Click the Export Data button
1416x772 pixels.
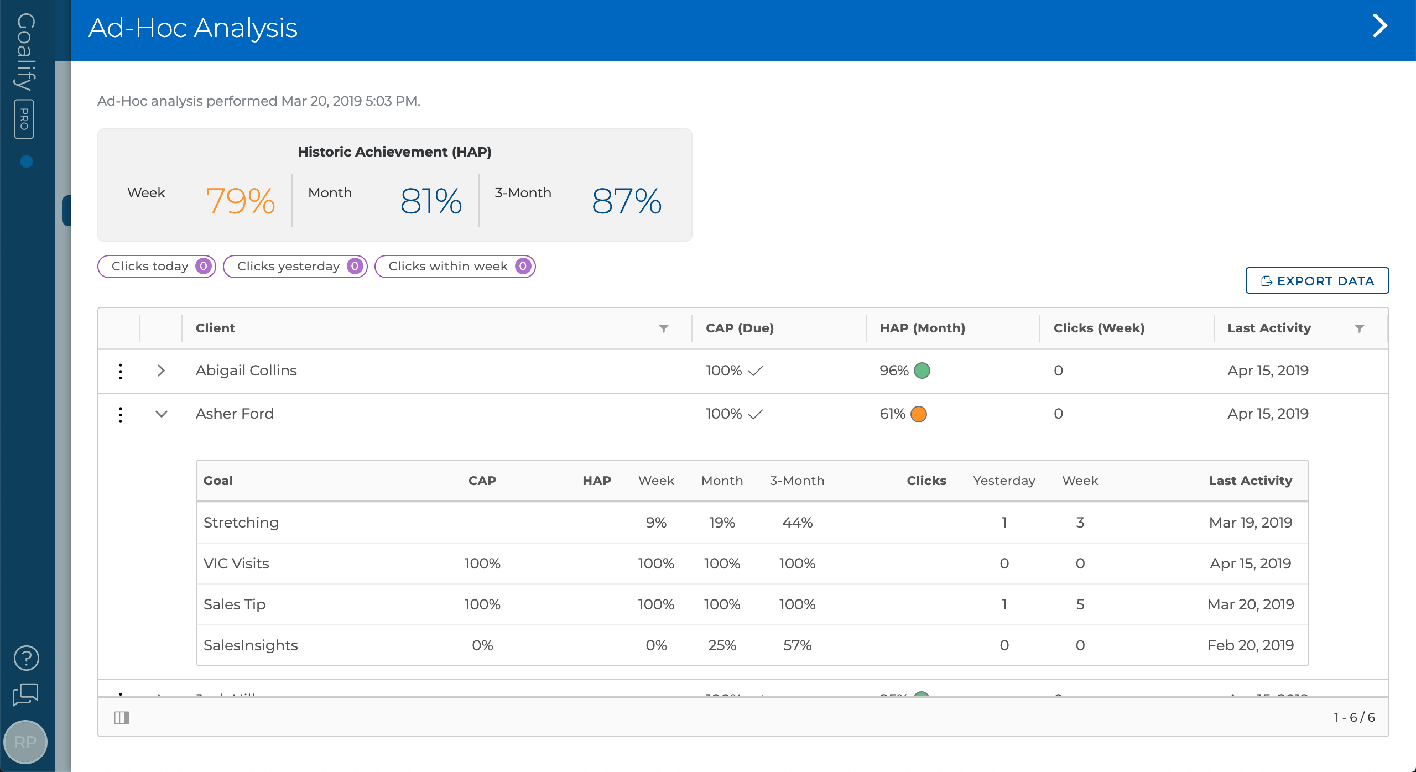tap(1316, 281)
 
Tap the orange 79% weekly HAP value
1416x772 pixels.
tap(240, 201)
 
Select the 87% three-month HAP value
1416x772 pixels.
tap(626, 201)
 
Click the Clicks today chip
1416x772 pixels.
tap(157, 267)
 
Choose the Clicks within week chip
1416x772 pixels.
tap(455, 267)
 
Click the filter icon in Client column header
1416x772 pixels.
tap(664, 328)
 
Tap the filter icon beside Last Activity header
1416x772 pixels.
tap(1359, 328)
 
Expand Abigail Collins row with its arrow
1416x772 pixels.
tap(161, 371)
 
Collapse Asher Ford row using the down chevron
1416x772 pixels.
tap(161, 414)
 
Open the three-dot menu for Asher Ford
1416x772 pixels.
tap(121, 414)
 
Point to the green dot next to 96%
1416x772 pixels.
tap(922, 371)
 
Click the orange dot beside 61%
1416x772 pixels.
tap(918, 414)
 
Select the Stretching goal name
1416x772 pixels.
tap(241, 523)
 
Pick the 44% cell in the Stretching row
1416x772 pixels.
tap(797, 523)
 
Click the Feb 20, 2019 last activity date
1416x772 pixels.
tap(1250, 645)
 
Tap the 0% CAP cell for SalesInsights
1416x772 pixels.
tap(482, 645)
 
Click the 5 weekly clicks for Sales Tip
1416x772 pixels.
tap(1080, 604)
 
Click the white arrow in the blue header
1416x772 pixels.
tap(1380, 26)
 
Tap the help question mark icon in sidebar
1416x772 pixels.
tap(26, 658)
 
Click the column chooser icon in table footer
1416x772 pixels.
tap(122, 718)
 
